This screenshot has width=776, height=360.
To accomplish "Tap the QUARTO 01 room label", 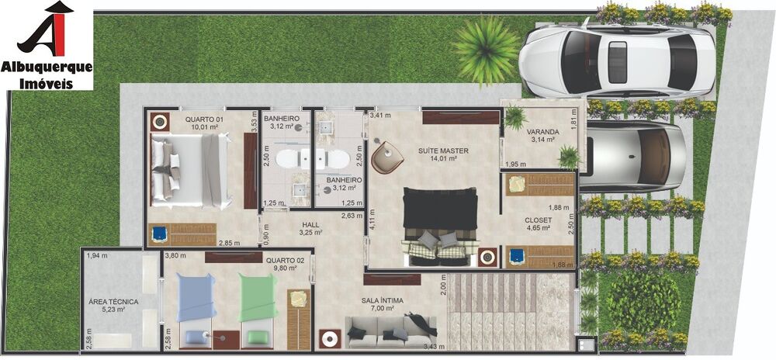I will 203,119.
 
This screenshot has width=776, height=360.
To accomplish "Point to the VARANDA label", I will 544,130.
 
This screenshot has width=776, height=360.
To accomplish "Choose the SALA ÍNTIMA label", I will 381,299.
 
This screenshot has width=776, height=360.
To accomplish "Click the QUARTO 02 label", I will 284,261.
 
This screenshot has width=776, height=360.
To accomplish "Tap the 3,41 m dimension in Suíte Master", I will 380,116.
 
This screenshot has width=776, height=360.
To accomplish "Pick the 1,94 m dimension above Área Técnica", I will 97,255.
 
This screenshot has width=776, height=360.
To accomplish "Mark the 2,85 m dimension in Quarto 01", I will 229,243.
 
